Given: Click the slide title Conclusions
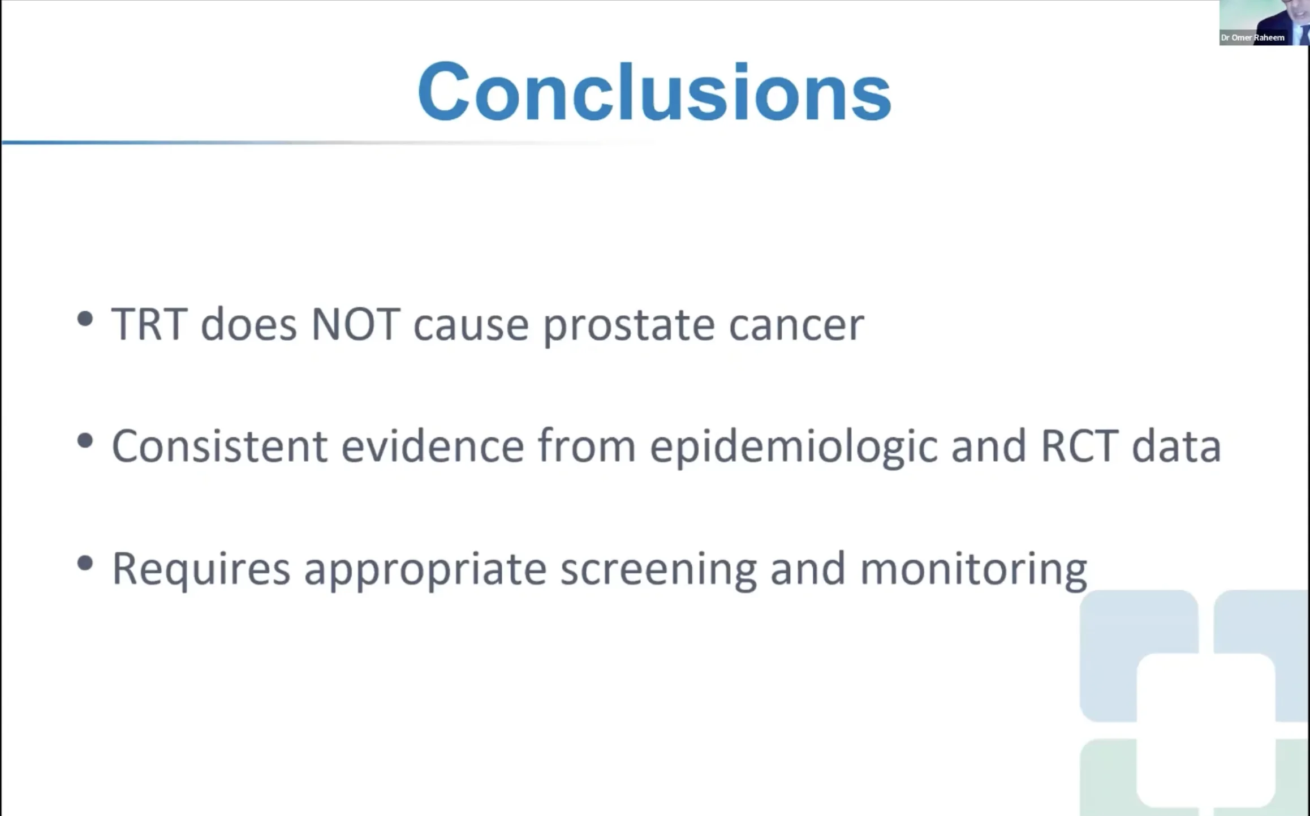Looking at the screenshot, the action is click(x=654, y=92).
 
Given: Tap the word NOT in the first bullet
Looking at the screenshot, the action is click(x=356, y=324).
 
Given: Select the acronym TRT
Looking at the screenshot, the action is click(x=149, y=324).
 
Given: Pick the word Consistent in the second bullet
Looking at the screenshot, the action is click(x=219, y=446).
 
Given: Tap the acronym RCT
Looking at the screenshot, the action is click(x=1079, y=446).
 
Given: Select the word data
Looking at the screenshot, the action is click(x=1177, y=446).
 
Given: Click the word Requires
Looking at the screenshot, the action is click(x=201, y=569).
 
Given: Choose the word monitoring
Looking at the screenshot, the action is click(x=973, y=569).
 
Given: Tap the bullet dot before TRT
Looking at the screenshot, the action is click(x=85, y=319).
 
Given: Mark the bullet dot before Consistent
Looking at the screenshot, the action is click(x=85, y=441).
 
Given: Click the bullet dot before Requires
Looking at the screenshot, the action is click(x=85, y=563).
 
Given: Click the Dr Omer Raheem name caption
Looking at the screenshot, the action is click(x=1253, y=38).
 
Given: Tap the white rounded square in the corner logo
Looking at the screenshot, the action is click(x=1206, y=730).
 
